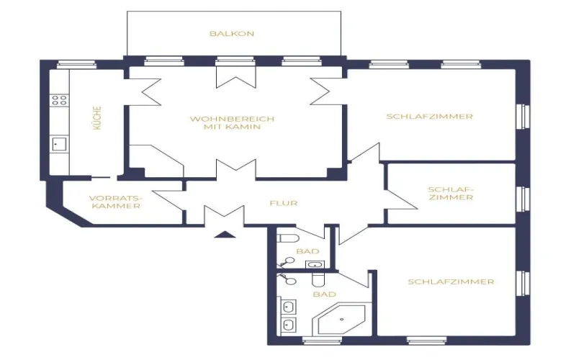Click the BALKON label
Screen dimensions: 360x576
pos(232,34)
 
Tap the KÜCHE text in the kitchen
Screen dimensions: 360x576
pos(96,118)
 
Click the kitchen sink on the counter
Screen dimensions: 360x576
pos(58,145)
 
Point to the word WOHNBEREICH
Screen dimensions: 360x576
pos(232,119)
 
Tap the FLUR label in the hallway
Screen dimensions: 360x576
pos(284,203)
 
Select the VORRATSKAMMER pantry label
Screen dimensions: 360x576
pos(116,202)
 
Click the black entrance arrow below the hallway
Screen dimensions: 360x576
pos(224,233)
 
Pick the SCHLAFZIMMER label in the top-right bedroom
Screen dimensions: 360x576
pos(429,116)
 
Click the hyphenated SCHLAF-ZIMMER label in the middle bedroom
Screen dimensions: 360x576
pos(451,194)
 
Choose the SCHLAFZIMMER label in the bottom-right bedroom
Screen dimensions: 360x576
pos(451,282)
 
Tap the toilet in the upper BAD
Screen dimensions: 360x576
pos(287,237)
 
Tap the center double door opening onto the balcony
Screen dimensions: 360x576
pos(235,77)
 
